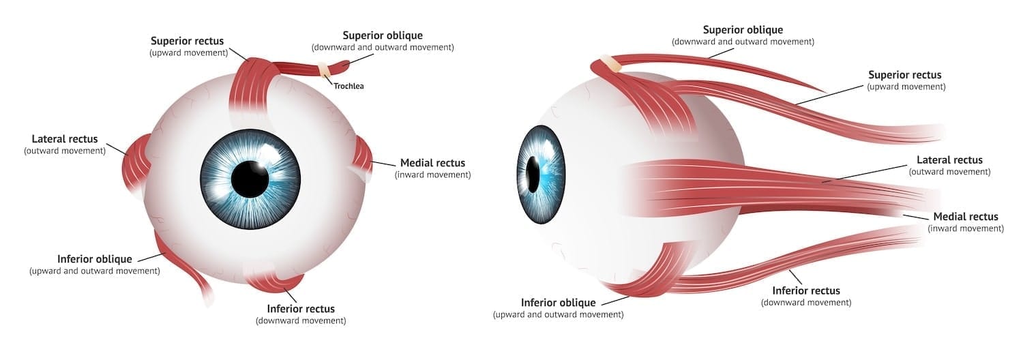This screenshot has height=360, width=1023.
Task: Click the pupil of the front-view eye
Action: coord(250,179)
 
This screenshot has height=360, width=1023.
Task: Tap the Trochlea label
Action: coord(349,87)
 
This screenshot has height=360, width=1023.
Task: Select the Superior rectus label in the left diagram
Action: coord(187,41)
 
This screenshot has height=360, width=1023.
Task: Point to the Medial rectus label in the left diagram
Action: coord(432,163)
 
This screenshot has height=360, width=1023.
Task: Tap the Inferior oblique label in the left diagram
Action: coord(94,259)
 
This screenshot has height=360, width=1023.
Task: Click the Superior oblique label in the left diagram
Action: coord(383,35)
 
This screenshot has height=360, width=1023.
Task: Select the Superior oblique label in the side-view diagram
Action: coord(743,30)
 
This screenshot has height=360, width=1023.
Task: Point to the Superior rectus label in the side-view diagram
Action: coord(906,75)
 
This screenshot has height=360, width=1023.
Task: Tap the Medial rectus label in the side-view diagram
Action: coord(965,217)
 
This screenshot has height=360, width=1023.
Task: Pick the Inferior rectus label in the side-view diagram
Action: coord(805,290)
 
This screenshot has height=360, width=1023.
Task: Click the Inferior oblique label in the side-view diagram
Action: coord(558,303)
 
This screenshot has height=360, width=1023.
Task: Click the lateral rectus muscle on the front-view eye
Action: coord(136,164)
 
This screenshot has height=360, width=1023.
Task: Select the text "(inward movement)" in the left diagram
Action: coord(432,175)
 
